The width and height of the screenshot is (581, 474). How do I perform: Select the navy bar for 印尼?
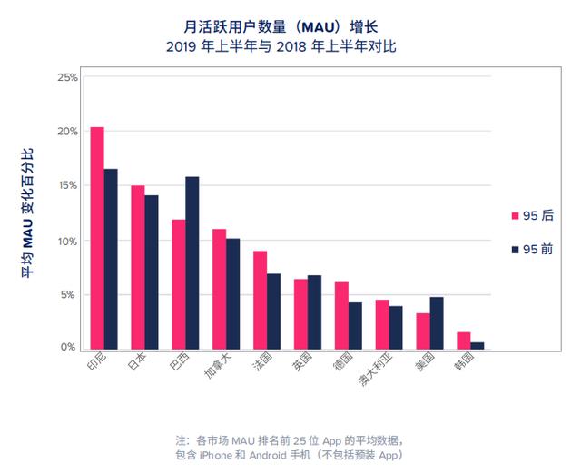click(111, 259)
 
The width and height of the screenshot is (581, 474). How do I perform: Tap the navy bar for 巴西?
click(192, 262)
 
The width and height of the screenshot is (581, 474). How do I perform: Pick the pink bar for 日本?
click(138, 267)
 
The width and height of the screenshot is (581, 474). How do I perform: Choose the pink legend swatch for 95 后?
click(515, 215)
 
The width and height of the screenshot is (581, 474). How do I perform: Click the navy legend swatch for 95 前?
click(515, 249)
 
